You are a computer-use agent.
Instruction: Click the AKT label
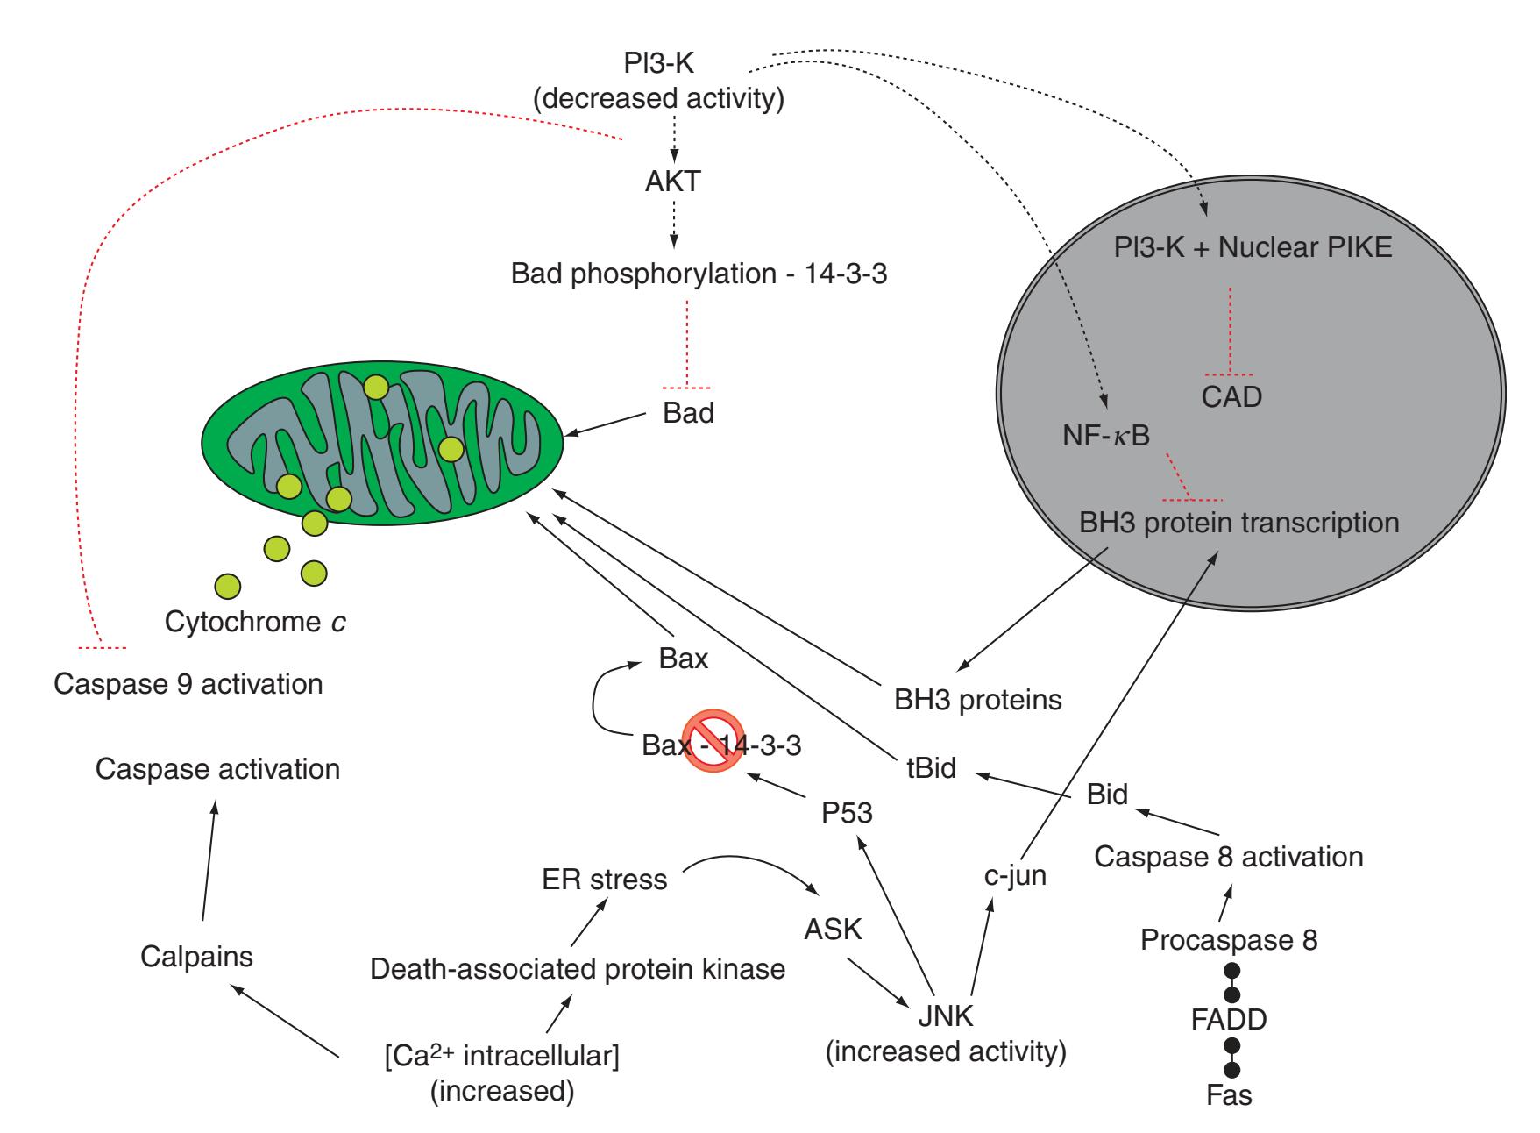click(672, 182)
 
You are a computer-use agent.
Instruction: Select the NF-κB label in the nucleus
click(1104, 435)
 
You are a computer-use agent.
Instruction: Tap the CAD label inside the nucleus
click(1231, 397)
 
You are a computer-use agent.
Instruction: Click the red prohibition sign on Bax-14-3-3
click(713, 741)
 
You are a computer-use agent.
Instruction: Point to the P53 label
click(847, 813)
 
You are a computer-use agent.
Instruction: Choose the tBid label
click(931, 768)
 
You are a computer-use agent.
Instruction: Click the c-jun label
click(1016, 875)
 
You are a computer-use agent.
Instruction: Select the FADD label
click(1229, 1019)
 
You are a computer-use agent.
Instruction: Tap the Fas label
click(1229, 1094)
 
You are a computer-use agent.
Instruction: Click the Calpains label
click(196, 956)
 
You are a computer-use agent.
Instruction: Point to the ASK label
click(833, 929)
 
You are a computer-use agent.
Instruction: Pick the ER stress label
click(605, 879)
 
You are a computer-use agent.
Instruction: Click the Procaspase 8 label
click(1229, 941)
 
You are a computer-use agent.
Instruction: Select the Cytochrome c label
click(254, 623)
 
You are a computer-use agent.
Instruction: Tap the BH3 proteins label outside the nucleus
click(978, 700)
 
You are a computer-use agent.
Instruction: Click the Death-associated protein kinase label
click(578, 969)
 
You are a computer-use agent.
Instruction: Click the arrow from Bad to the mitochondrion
click(611, 425)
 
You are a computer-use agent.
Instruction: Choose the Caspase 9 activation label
click(188, 684)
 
